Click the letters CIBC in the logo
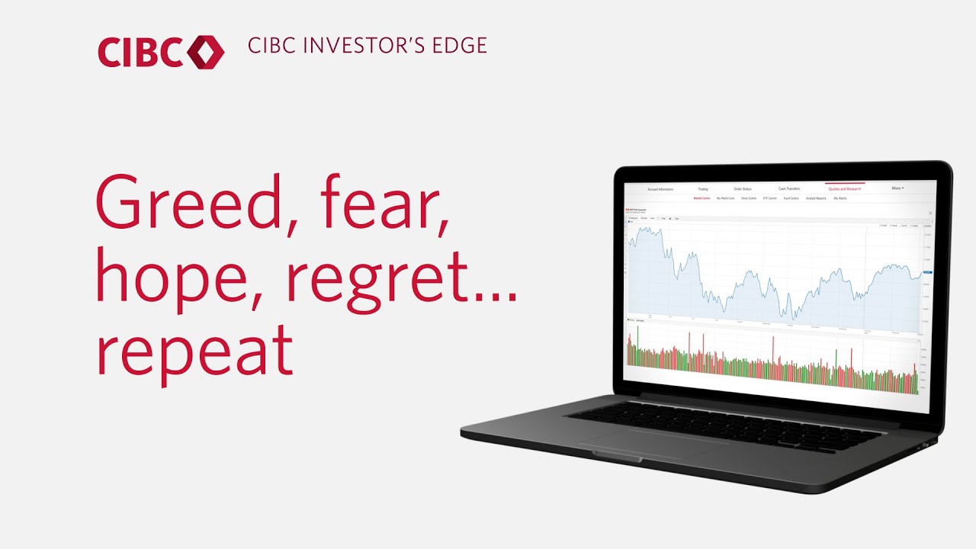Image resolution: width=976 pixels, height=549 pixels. click(140, 52)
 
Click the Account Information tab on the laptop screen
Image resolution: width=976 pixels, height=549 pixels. click(660, 188)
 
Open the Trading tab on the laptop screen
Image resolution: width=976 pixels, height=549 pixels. click(702, 188)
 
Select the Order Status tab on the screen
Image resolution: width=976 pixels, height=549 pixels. click(742, 188)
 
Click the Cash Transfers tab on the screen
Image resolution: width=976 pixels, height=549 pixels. click(788, 188)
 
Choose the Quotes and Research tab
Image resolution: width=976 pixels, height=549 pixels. click(844, 188)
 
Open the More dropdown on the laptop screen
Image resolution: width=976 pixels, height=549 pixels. click(897, 188)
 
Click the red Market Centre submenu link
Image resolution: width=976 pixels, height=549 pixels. click(701, 198)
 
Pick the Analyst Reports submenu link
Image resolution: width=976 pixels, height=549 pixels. click(816, 198)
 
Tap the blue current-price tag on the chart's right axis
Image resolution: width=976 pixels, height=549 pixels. click(927, 272)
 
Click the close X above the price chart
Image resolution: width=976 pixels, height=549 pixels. click(930, 214)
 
